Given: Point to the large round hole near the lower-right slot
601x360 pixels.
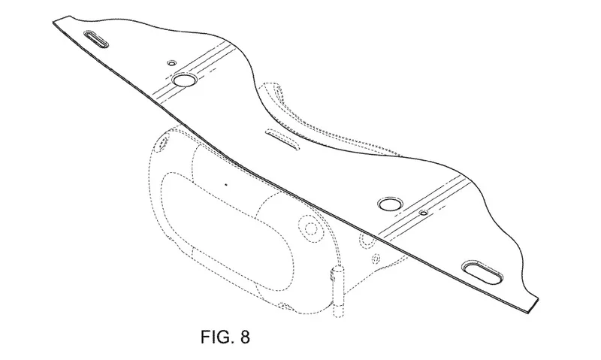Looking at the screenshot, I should pyautogui.click(x=390, y=204).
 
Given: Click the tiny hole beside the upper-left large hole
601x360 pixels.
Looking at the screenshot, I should pyautogui.click(x=171, y=61).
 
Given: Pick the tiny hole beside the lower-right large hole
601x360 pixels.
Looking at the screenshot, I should pyautogui.click(x=424, y=213).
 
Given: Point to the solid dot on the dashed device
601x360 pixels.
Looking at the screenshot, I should pyautogui.click(x=225, y=182).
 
